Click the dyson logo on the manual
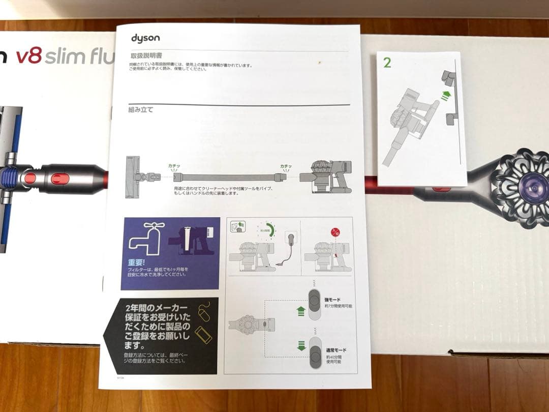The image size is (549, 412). click(145, 38)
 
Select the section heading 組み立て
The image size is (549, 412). click(140, 109)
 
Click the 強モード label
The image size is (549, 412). click(333, 300)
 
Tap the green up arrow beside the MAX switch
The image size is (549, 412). click(300, 310)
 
